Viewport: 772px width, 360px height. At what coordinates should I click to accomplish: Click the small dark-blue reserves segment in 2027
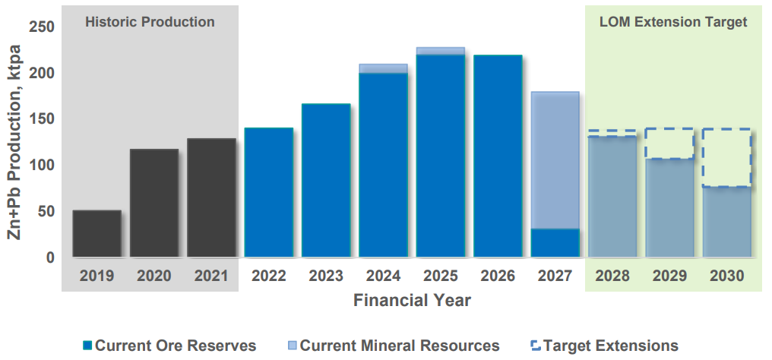point(555,242)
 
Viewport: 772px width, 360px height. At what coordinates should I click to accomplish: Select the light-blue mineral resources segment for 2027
point(555,160)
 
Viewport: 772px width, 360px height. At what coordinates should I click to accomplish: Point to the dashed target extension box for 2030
point(726,158)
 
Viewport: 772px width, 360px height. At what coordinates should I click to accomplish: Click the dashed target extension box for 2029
point(669,144)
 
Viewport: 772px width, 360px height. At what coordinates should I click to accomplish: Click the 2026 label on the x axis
point(498,275)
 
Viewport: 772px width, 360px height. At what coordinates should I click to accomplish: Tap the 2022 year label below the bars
point(269,275)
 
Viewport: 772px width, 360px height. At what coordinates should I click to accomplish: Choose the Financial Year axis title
point(412,300)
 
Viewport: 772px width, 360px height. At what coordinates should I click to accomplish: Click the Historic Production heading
point(150,22)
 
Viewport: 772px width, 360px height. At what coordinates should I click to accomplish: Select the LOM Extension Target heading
point(673,22)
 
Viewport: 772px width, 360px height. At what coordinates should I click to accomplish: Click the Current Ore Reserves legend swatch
point(87,346)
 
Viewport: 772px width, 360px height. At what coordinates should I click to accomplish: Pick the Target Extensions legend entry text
point(611,346)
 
